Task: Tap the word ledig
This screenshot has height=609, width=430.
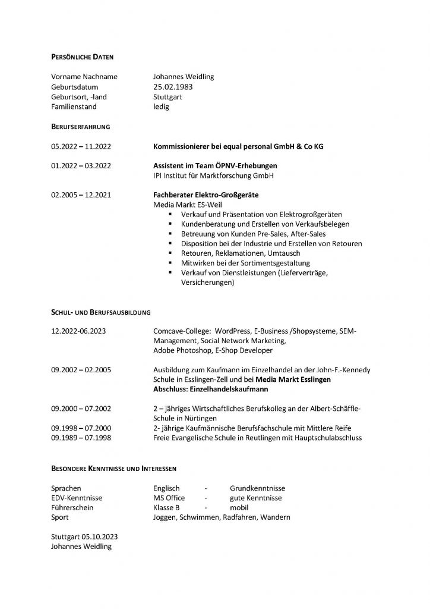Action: pos(161,107)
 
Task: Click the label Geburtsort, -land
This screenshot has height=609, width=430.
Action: pos(79,97)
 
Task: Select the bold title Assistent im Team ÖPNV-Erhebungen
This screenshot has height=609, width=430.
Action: pos(215,166)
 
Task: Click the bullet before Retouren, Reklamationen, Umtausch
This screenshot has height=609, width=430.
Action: pos(170,253)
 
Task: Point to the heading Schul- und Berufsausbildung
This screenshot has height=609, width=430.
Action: pos(100,312)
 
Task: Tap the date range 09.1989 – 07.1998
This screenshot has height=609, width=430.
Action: pos(81,438)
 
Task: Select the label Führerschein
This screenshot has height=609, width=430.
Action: pos(72,508)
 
